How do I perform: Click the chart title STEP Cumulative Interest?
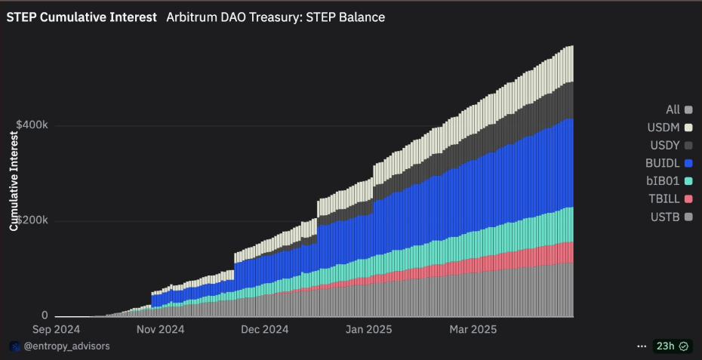point(82,17)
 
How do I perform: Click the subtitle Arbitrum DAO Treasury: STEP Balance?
point(276,17)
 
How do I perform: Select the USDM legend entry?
point(669,128)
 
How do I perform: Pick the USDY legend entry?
point(669,145)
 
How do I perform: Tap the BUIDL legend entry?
point(669,163)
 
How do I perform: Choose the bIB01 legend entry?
point(669,181)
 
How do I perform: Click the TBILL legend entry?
point(669,199)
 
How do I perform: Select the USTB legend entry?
point(669,217)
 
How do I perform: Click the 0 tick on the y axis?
point(45,315)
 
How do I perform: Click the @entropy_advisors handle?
point(67,346)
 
